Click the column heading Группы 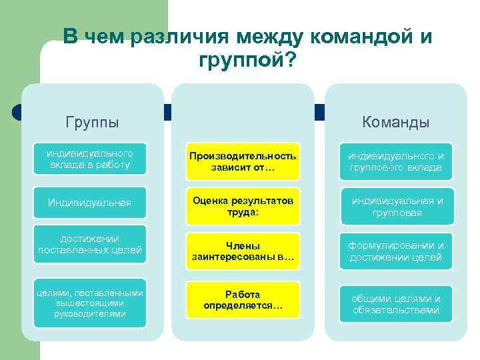click(x=92, y=123)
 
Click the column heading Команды click(x=395, y=123)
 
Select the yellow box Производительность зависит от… click(x=243, y=161)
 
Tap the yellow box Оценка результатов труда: click(x=243, y=206)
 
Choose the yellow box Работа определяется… click(x=243, y=299)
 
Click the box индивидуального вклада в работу click(x=89, y=159)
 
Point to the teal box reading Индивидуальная click(x=89, y=202)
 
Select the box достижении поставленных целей click(x=89, y=245)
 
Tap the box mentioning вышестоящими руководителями click(x=89, y=303)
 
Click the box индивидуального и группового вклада click(x=395, y=161)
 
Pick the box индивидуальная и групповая click(x=395, y=206)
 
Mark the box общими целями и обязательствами click(x=395, y=304)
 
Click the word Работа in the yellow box click(x=243, y=294)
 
